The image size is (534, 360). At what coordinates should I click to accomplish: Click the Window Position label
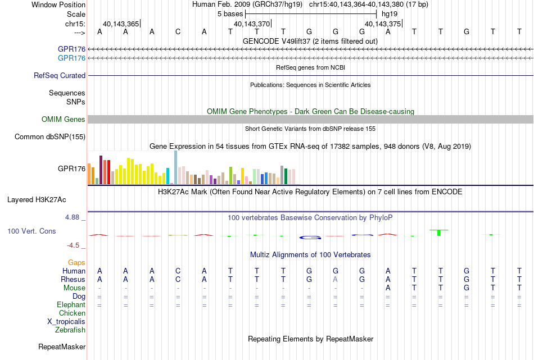coord(58,4)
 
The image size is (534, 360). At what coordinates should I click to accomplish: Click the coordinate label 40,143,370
coord(252,24)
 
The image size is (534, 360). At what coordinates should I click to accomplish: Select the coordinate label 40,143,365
coord(121,24)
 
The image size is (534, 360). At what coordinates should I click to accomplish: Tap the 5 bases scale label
coord(230,14)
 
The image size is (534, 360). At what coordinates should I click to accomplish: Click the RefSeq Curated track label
coord(60,76)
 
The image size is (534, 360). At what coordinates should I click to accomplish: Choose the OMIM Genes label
coord(64,120)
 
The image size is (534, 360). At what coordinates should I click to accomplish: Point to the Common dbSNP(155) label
coord(50,137)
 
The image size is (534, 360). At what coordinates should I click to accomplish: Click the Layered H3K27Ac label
coord(37,200)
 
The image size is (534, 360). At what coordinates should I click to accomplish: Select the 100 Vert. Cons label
coord(31,231)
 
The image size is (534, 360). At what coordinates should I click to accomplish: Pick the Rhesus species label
coord(73,279)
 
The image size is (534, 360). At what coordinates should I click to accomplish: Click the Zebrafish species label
coord(70,330)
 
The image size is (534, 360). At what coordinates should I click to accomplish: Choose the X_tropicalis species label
coord(66,322)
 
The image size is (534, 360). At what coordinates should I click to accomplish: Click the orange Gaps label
coord(76,262)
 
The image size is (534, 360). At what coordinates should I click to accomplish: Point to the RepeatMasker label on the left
coord(62,347)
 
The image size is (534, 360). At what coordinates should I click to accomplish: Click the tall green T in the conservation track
coord(439,233)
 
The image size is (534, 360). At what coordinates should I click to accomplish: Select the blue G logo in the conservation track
coord(310,238)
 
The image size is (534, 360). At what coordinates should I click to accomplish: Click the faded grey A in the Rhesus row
coord(336,279)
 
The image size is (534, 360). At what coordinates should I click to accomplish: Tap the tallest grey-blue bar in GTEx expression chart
coord(176,167)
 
